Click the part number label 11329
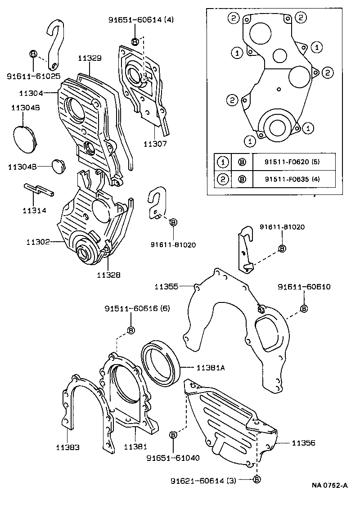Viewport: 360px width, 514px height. [x=89, y=58]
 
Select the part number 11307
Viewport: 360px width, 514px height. [x=155, y=144]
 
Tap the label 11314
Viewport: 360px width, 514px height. [x=34, y=210]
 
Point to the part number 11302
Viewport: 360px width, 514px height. [x=37, y=242]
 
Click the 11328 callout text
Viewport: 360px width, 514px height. [x=109, y=274]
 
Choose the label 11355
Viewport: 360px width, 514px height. [x=166, y=286]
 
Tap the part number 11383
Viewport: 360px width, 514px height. [x=68, y=447]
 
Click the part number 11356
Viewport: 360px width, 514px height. [x=303, y=443]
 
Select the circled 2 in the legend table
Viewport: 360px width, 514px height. [x=224, y=179]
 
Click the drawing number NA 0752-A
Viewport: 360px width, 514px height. [x=330, y=485]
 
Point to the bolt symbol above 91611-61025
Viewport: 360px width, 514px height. [x=33, y=54]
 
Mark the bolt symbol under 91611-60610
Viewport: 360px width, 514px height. [x=304, y=308]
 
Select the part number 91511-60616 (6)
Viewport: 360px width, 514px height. [x=131, y=309]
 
